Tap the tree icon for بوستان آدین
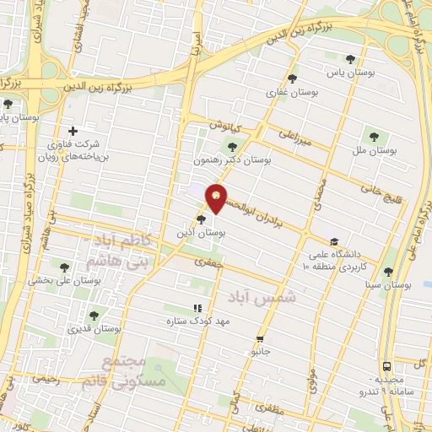pos(200,219)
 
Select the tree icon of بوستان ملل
pos(371,135)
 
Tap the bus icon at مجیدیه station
pos(386,367)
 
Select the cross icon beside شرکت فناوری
pos(73,131)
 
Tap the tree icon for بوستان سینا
pos(388,272)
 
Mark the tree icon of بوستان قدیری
pos(94,315)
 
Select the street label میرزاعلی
pos(295,138)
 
